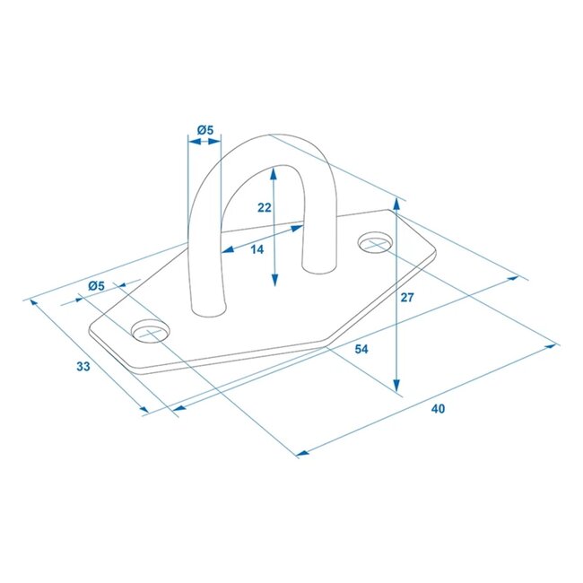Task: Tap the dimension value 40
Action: click(x=438, y=409)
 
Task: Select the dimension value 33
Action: click(x=83, y=366)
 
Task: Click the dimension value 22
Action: click(x=264, y=207)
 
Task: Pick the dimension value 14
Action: click(x=257, y=249)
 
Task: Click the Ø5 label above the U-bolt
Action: click(x=205, y=131)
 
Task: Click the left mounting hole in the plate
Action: click(x=150, y=331)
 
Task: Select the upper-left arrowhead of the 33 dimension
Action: click(x=36, y=302)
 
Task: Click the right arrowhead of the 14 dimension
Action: click(x=298, y=229)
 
